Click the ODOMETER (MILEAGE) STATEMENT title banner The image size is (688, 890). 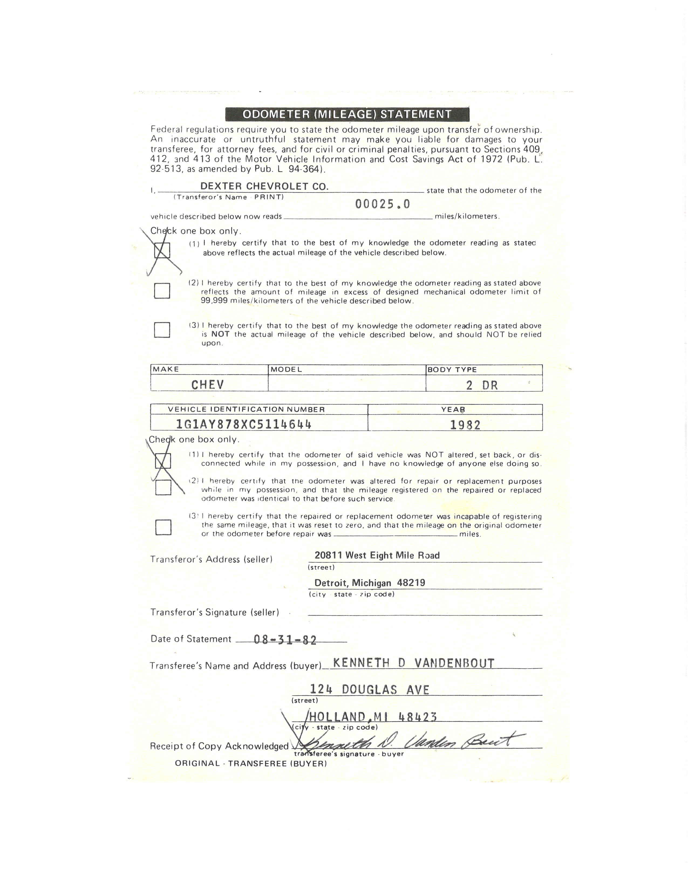pyautogui.click(x=347, y=114)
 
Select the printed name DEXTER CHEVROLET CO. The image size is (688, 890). pyautogui.click(x=264, y=186)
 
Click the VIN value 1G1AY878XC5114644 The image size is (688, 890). pyautogui.click(x=243, y=425)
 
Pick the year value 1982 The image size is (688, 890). pyautogui.click(x=465, y=425)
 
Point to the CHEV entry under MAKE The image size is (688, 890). pyautogui.click(x=207, y=385)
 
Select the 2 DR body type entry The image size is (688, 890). pyautogui.click(x=482, y=385)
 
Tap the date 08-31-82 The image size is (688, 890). pyautogui.click(x=285, y=640)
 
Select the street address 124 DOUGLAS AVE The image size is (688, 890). pyautogui.click(x=369, y=690)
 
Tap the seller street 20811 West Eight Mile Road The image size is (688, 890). pyautogui.click(x=377, y=555)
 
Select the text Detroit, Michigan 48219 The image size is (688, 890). pyautogui.click(x=370, y=583)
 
